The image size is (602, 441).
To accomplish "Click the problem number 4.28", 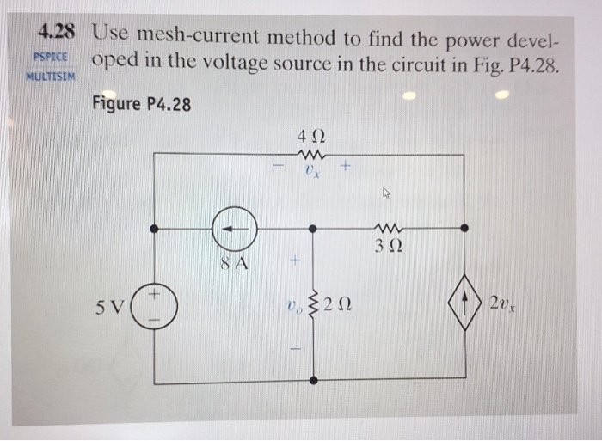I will [x=57, y=33].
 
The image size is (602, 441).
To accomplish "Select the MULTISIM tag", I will [x=52, y=75].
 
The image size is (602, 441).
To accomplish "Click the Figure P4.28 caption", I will [x=141, y=104].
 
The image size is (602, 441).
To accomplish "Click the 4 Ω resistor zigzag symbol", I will [x=310, y=154].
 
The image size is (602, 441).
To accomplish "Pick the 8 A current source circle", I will [x=235, y=229].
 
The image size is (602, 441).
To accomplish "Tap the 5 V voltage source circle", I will [x=155, y=307].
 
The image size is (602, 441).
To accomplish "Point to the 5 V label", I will [x=113, y=306].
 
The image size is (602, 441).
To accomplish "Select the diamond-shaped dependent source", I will [x=465, y=303].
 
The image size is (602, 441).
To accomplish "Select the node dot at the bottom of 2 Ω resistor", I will [x=312, y=379].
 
